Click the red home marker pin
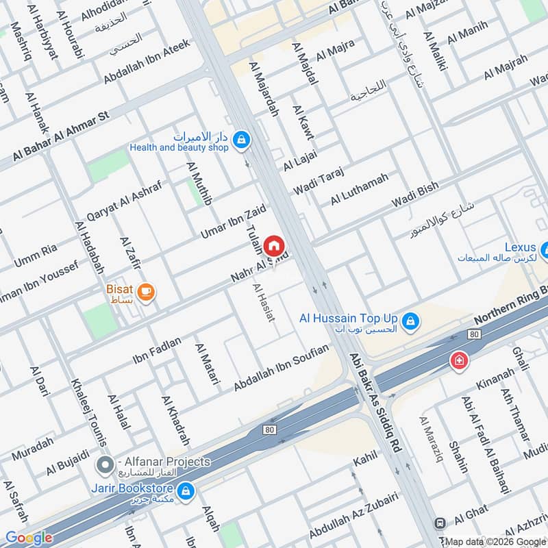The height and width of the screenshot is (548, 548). (274, 245)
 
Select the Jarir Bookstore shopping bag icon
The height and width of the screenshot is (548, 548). (185, 490)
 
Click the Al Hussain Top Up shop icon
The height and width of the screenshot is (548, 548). (410, 321)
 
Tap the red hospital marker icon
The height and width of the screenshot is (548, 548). (457, 360)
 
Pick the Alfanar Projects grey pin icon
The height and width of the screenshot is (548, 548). (105, 466)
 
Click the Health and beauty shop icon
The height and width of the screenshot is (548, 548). (240, 140)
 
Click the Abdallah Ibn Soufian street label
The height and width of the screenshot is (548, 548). (281, 369)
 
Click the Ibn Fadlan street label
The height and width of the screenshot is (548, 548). (157, 349)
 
